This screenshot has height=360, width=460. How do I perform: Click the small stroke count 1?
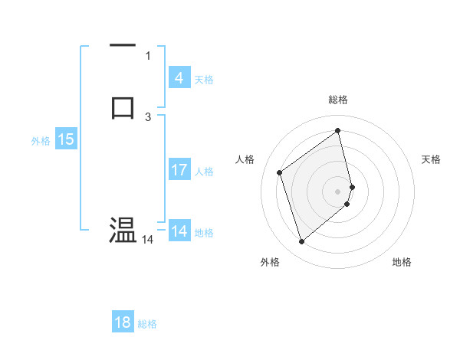pyautogui.click(x=148, y=55)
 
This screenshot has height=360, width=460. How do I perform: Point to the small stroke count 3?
pyautogui.click(x=148, y=116)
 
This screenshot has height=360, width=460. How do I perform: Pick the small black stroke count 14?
pyautogui.click(x=147, y=240)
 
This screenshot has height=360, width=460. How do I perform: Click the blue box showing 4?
pyautogui.click(x=179, y=78)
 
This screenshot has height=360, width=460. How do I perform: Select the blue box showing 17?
pyautogui.click(x=179, y=170)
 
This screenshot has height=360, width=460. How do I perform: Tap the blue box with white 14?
pyautogui.click(x=179, y=231)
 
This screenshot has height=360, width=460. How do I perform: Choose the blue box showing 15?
pyautogui.click(x=66, y=139)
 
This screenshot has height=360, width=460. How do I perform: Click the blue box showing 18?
pyautogui.click(x=123, y=322)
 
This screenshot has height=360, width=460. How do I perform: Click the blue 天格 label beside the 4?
pyautogui.click(x=204, y=80)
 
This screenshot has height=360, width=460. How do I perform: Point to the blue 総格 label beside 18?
pyautogui.click(x=147, y=324)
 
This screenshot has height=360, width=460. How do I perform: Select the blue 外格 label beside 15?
pyautogui.click(x=41, y=141)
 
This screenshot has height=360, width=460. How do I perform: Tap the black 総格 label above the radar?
pyautogui.click(x=338, y=100)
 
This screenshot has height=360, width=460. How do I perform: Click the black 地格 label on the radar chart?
pyautogui.click(x=402, y=262)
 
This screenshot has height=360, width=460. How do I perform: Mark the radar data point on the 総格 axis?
pyautogui.click(x=338, y=131)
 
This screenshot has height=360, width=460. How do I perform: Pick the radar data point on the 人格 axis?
pyautogui.click(x=280, y=172)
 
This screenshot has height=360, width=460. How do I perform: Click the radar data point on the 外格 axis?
pyautogui.click(x=301, y=242)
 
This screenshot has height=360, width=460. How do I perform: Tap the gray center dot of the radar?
pyautogui.click(x=338, y=191)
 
